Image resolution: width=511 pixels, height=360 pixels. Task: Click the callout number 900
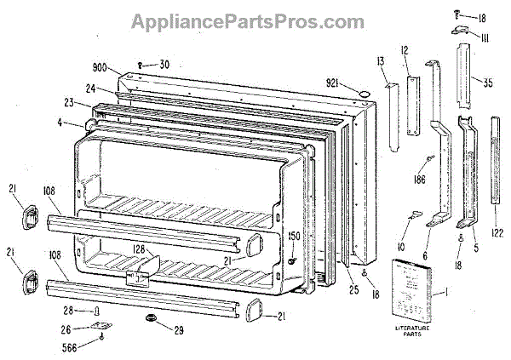coord(100,67)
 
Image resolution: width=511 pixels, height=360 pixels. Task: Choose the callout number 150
coord(294,236)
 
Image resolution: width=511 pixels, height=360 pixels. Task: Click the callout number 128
coord(140,249)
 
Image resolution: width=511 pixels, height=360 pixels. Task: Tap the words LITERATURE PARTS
coord(413,331)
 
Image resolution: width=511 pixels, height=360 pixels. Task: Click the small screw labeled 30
coord(142,64)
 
